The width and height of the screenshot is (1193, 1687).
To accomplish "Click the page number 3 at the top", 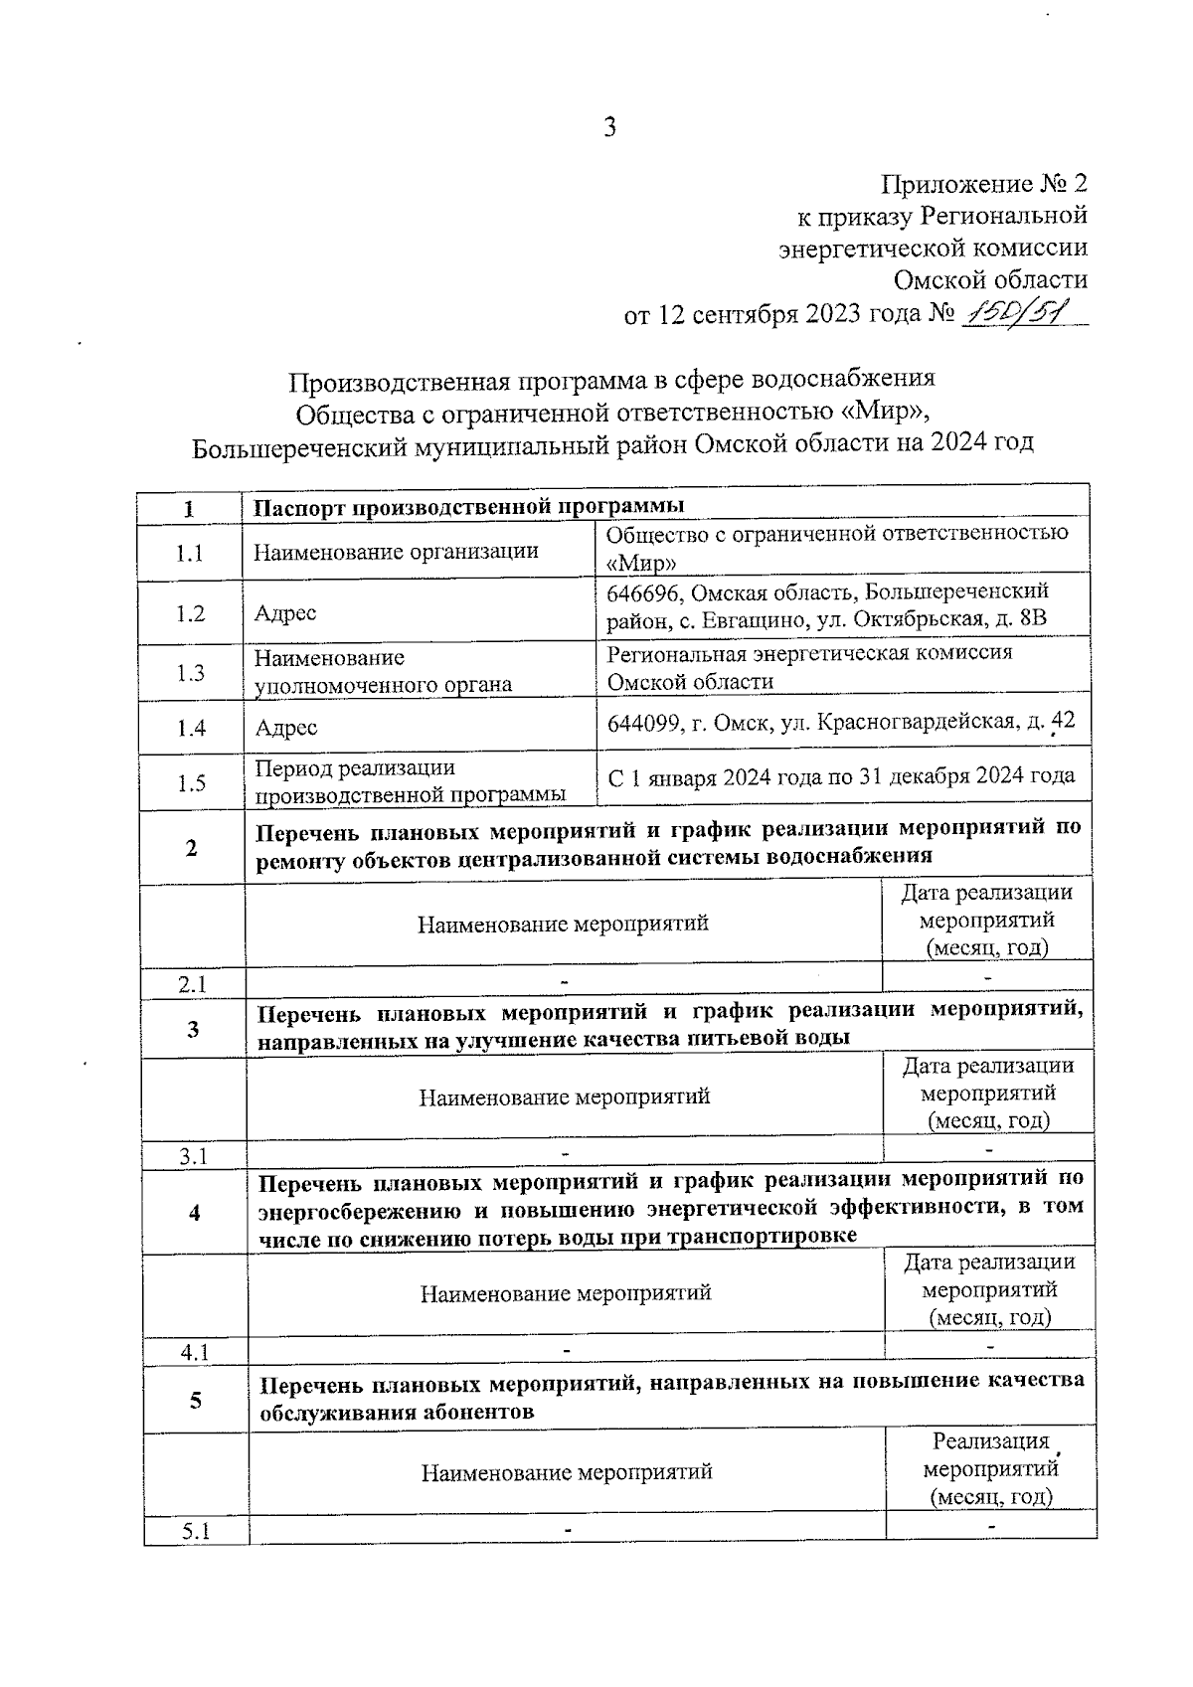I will click(x=609, y=126).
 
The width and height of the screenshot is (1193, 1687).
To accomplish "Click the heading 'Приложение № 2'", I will click(x=984, y=184).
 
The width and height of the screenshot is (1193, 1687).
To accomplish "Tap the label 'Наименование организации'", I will click(x=396, y=551).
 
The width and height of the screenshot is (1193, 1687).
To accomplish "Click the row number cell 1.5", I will click(x=191, y=783).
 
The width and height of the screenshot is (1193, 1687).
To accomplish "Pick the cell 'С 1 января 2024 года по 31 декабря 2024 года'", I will click(x=841, y=776).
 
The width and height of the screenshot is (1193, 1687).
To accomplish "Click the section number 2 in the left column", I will click(x=191, y=848).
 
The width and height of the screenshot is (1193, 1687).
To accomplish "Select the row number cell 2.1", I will click(x=192, y=984).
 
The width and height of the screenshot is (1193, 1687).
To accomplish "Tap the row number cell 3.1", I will click(x=193, y=1156).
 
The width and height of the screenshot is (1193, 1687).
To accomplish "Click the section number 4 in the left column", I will click(x=194, y=1213).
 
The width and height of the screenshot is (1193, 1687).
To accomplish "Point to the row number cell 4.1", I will click(x=195, y=1353).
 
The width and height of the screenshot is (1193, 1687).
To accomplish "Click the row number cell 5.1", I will click(x=196, y=1531).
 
